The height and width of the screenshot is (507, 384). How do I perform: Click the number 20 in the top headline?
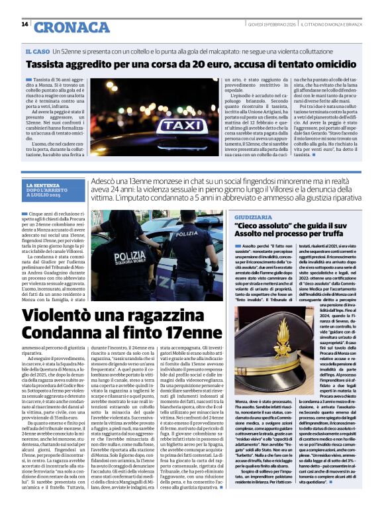pyautogui.click(x=187, y=66)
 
